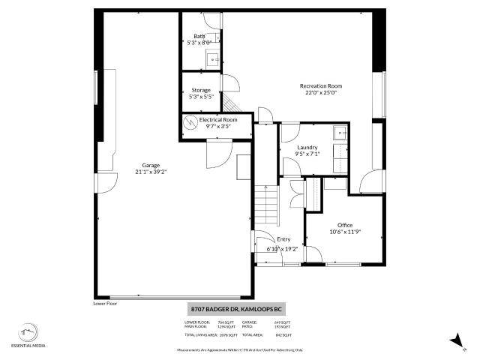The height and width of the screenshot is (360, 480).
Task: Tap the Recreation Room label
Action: click(321, 86)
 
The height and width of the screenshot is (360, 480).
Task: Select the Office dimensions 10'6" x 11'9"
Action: click(345, 232)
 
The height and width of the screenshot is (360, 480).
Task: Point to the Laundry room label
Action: click(307, 147)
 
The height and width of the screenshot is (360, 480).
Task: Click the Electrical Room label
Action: click(218, 119)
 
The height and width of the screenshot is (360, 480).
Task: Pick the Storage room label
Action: click(201, 90)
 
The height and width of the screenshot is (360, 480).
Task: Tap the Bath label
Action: click(199, 36)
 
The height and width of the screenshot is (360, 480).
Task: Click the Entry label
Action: click(283, 239)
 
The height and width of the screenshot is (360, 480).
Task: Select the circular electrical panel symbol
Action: click(190, 122)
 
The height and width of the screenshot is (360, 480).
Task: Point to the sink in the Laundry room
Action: click(339, 133)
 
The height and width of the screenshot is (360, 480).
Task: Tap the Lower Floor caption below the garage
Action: click(106, 304)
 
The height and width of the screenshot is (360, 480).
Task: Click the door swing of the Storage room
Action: click(232, 85)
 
